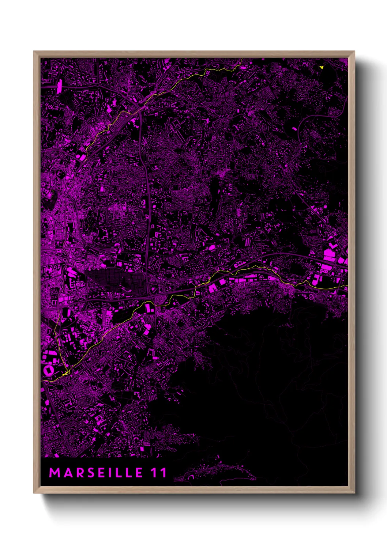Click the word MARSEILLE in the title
96,473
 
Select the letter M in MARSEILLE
55,473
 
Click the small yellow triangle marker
322,67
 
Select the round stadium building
48,370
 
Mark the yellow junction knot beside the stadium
65,374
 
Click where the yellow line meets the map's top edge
242,59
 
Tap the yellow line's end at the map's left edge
41,381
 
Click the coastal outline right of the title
219,473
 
